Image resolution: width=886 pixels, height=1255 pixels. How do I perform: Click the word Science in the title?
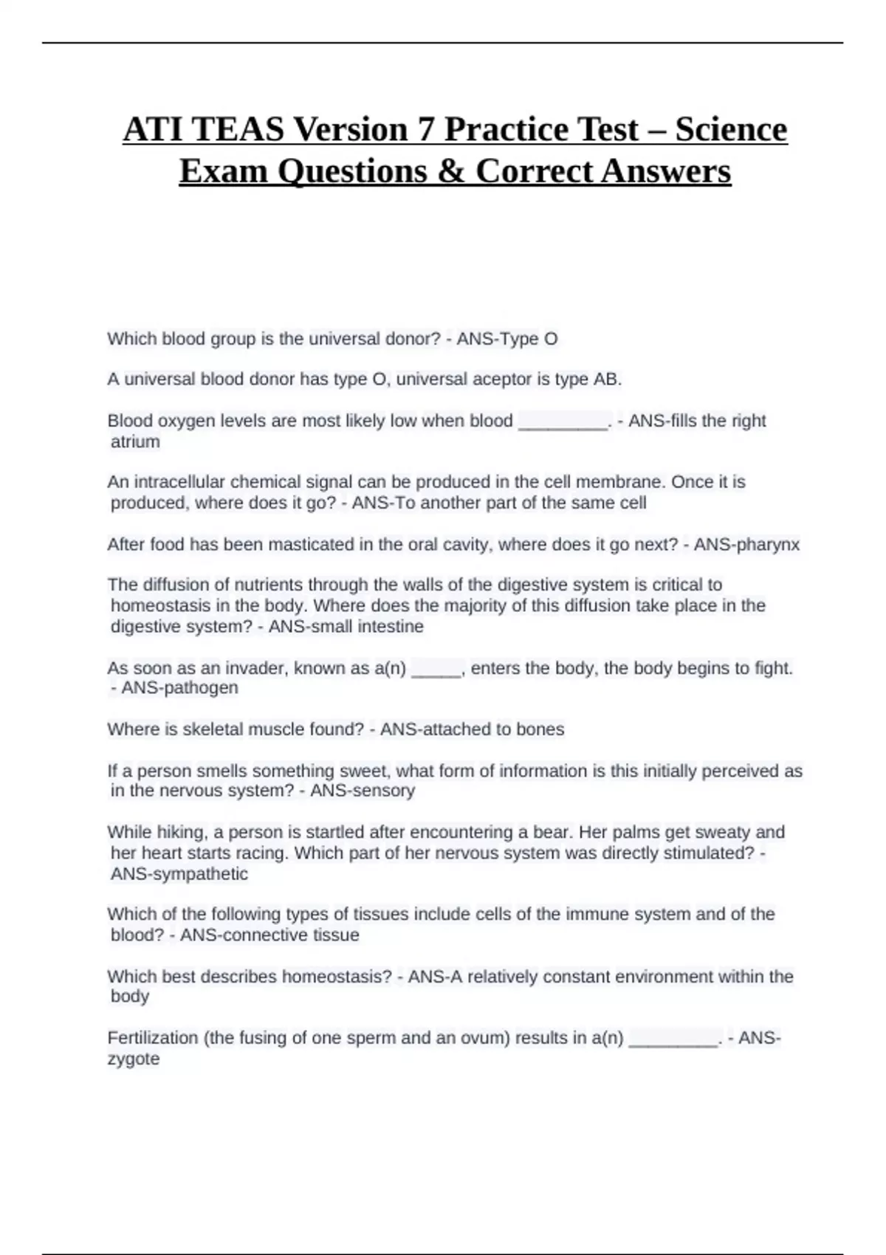731,129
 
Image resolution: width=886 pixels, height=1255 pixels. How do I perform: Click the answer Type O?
529,339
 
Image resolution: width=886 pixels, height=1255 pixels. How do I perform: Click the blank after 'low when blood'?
563,422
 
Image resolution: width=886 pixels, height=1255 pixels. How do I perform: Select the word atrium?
135,442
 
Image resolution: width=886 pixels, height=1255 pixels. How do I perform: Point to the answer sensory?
384,791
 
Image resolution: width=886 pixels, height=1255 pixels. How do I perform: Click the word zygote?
134,1059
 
